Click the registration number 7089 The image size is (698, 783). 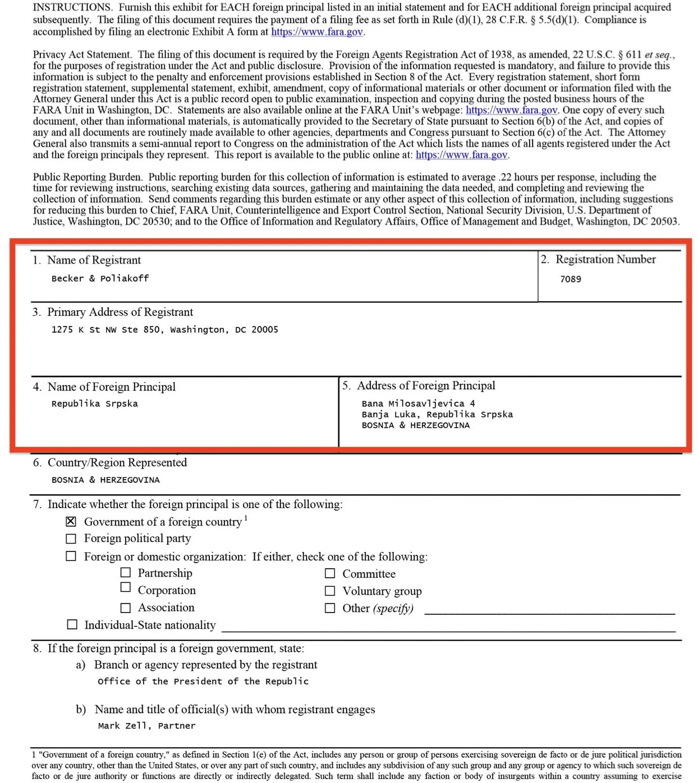point(570,279)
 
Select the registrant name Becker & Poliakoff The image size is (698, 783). point(100,278)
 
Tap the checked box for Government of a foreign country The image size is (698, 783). point(71,522)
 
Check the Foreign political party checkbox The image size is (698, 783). point(71,539)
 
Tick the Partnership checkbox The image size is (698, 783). point(126,573)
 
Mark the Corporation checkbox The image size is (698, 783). point(126,587)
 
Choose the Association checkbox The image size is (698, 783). point(126,608)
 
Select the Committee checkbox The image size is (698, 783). point(330,574)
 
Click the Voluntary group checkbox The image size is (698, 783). point(330,591)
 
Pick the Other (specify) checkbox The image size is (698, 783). point(330,609)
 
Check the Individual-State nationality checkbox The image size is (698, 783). point(72,625)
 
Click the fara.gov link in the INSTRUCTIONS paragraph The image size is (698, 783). point(317,32)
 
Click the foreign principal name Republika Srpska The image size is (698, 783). point(94,404)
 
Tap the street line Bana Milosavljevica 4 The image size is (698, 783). point(418,404)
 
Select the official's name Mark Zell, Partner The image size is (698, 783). point(146,726)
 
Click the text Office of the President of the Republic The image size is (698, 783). point(203,681)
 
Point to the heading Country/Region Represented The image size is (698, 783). point(117,463)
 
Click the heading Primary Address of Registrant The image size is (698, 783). point(120,312)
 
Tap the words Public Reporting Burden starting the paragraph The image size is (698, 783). point(87,177)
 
